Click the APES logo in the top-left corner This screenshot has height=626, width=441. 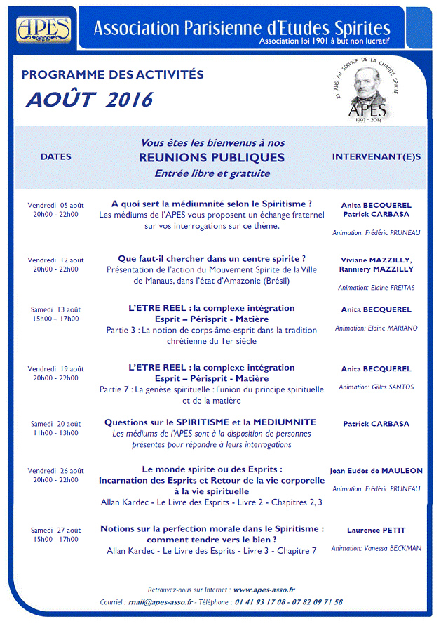(44, 29)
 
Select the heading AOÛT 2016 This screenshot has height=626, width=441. (89, 100)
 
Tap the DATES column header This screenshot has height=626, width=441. (56, 156)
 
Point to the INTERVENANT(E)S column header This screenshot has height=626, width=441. (376, 156)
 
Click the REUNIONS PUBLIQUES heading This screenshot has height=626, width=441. (212, 157)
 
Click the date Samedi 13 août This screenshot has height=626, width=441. (56, 309)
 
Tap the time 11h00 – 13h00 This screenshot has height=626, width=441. (56, 433)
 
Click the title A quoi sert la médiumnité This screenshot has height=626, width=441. (212, 204)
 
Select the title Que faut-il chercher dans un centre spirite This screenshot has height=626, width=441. (212, 258)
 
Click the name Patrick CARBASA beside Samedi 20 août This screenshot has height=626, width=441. (376, 424)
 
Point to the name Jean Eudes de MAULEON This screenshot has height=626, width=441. (376, 471)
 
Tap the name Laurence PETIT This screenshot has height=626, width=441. (376, 530)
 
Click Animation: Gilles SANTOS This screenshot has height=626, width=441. (376, 387)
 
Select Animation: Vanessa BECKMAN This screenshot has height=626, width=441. (376, 548)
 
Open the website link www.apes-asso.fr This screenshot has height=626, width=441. (264, 590)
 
